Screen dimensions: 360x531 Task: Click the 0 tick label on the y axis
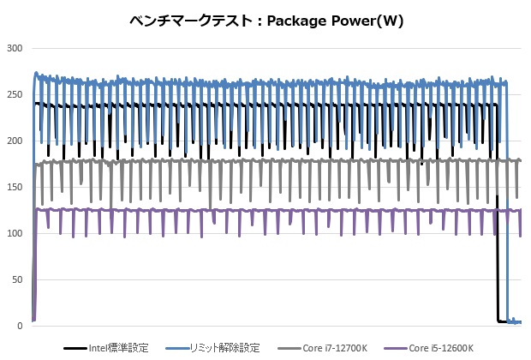click(18, 326)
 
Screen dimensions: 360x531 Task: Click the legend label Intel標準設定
click(119, 348)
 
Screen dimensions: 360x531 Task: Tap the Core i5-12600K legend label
click(444, 348)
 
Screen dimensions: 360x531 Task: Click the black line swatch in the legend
click(75, 348)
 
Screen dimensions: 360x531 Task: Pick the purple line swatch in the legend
click(398, 348)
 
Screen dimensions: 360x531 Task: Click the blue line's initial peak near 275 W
click(36, 74)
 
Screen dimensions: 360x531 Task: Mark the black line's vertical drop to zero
click(498, 274)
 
